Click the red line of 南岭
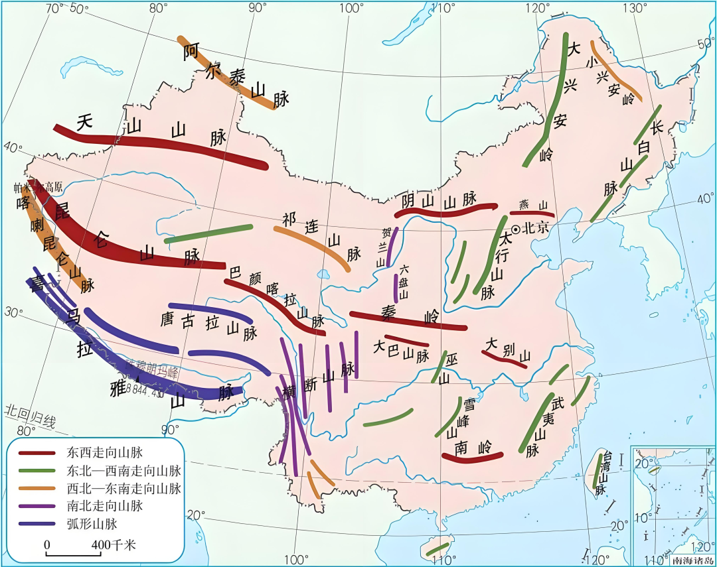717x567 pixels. coord(473,457)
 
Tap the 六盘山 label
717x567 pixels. coord(404,281)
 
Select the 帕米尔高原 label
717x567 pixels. coord(39,188)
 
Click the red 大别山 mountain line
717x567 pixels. coord(505,358)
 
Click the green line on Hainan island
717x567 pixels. coord(437,548)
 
